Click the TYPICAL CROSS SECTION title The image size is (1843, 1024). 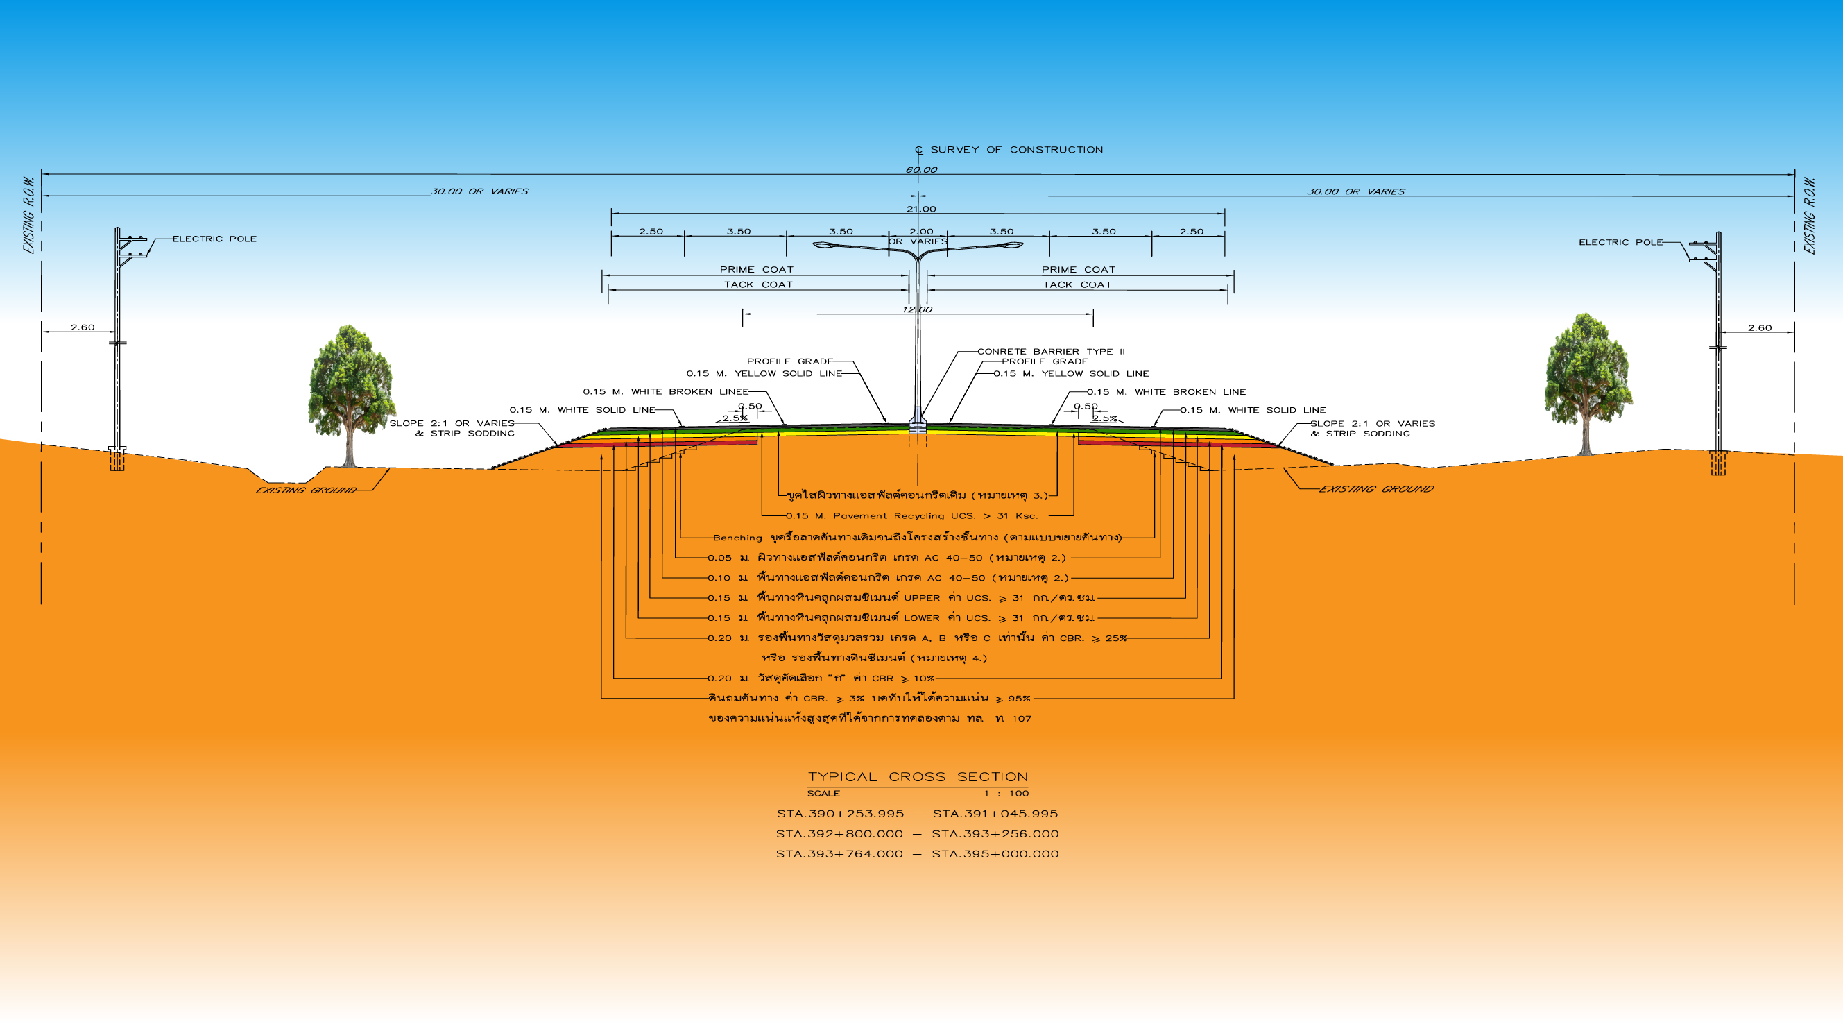[x=918, y=776]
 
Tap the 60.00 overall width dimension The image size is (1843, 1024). [x=920, y=169]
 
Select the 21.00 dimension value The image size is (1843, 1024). [x=920, y=209]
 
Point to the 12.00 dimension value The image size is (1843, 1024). [x=917, y=309]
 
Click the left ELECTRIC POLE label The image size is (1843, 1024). [x=214, y=239]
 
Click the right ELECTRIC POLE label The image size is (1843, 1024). [x=1620, y=243]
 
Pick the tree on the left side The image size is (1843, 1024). [x=350, y=394]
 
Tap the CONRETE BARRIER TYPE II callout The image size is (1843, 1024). [x=1051, y=351]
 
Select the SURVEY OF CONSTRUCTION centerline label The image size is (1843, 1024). [x=1016, y=150]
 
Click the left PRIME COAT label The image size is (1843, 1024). [x=756, y=270]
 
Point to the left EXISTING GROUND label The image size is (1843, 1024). [x=305, y=490]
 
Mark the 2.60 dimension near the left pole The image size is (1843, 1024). [x=83, y=327]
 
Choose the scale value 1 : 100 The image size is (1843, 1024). [x=1006, y=794]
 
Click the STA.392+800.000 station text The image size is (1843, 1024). [x=839, y=834]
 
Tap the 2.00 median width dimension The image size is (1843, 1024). [x=920, y=231]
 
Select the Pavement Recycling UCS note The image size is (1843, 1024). [x=911, y=516]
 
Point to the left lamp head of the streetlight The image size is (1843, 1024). [x=823, y=246]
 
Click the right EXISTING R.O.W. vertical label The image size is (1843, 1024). [x=1810, y=215]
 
